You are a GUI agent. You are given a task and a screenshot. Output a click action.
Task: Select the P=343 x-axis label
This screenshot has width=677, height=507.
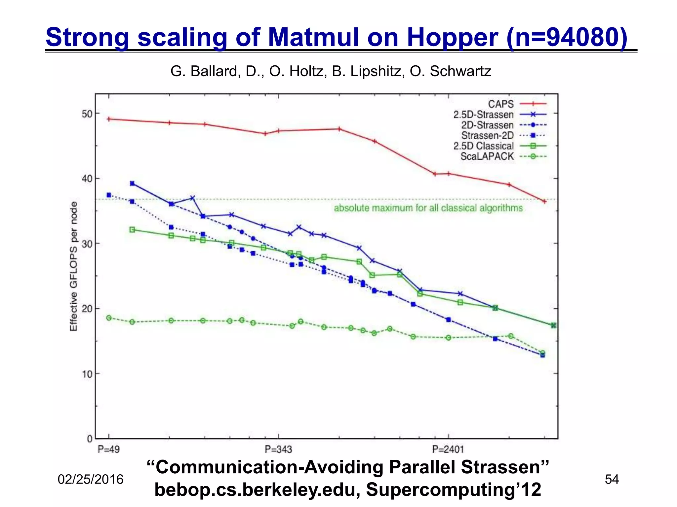point(278,449)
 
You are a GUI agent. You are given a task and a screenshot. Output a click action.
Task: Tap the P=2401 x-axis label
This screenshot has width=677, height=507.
point(448,449)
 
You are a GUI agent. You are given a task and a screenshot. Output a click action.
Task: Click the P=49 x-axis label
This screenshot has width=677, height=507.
point(109,449)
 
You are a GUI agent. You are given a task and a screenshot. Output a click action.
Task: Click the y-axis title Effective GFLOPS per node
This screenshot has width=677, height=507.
point(73,266)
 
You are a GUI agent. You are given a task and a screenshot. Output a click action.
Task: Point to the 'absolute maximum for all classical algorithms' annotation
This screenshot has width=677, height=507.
point(428,208)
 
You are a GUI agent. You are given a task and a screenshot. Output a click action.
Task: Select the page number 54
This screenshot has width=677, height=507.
point(612,479)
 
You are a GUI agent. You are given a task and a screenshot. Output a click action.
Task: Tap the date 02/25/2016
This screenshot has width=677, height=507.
point(91,479)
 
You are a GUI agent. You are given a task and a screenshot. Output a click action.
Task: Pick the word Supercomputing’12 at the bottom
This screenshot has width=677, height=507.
point(454,489)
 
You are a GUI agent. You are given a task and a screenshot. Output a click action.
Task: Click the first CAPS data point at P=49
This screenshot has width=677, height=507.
point(109,119)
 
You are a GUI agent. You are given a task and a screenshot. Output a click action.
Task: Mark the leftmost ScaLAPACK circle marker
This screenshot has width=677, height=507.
point(109,318)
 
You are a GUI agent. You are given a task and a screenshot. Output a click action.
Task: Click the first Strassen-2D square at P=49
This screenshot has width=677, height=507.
point(109,195)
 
